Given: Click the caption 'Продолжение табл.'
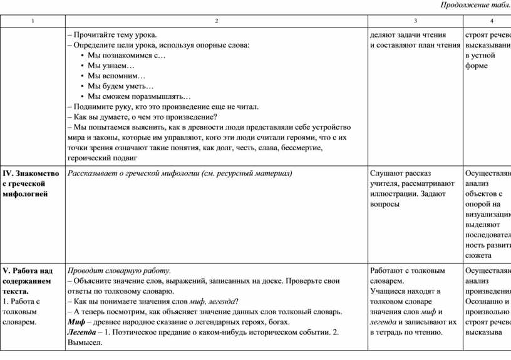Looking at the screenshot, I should [x=475, y=6].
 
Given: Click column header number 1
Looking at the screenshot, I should [x=33, y=21].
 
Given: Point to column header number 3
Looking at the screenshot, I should [x=415, y=21].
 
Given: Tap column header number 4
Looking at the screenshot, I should [x=492, y=21].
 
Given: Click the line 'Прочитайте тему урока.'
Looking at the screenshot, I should [x=115, y=35].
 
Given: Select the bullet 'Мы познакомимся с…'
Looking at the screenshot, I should [x=126, y=56].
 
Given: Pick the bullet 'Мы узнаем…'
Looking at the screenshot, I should [x=111, y=66].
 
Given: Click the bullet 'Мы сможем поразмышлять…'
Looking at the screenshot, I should [x=139, y=96].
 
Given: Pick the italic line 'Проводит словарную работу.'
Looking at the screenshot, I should [x=119, y=270].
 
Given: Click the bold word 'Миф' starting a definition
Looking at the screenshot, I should [x=76, y=322].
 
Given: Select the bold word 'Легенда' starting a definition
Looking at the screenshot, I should [x=81, y=332].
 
